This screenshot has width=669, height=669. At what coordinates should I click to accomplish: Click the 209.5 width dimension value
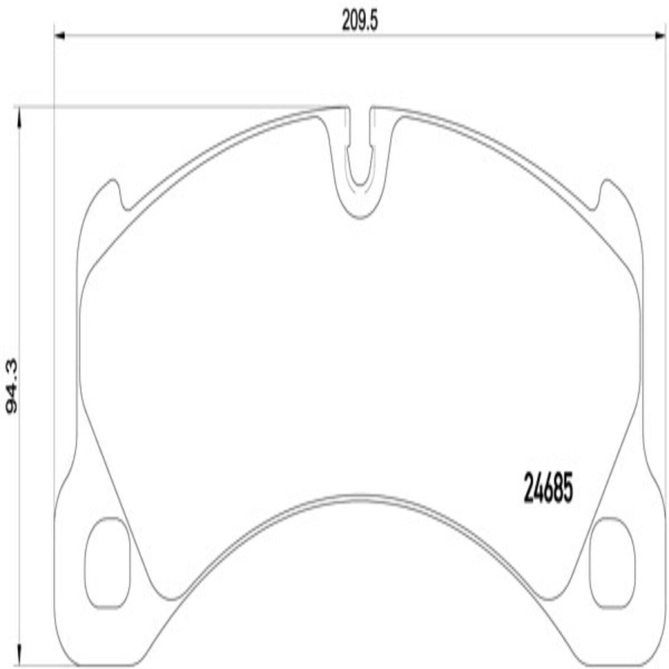359,22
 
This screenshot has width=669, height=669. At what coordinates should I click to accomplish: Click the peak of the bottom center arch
360,497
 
